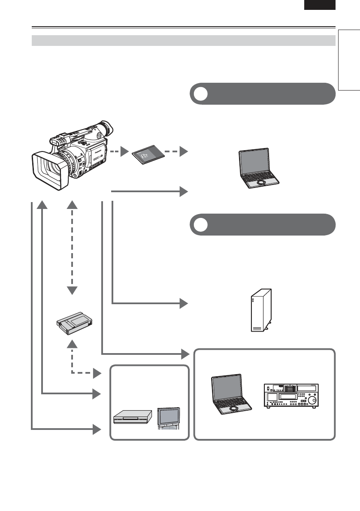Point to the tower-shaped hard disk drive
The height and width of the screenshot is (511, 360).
[x=261, y=309]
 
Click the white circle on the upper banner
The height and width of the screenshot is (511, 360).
[x=199, y=94]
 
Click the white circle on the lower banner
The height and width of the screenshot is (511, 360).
[x=199, y=224]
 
